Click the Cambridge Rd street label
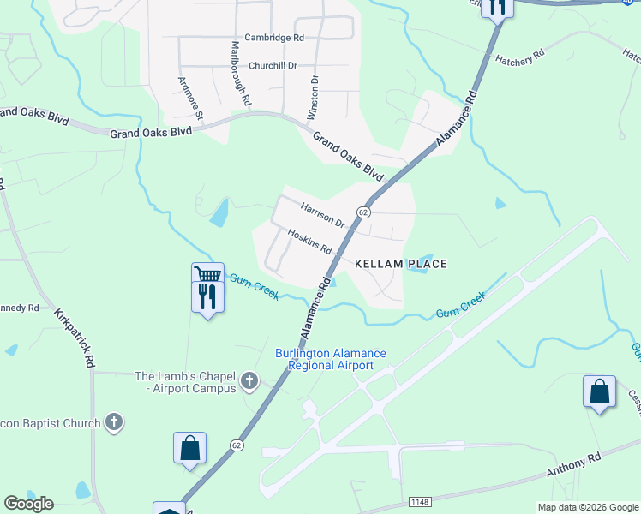coord(274,38)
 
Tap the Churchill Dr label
coord(273,65)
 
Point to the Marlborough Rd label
coord(240,74)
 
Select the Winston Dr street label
coord(314,97)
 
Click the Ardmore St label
coord(191,99)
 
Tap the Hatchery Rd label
coord(520,58)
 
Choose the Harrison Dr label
coord(322,214)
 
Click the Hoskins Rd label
coord(309,241)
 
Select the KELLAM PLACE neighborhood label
coord(401,264)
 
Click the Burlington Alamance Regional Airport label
coord(331,359)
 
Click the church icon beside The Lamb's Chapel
coord(249,380)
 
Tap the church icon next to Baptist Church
coord(113,421)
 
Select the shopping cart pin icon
coord(207,275)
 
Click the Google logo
coord(28,504)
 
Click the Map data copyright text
coord(587,507)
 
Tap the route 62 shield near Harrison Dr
coord(364,212)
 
